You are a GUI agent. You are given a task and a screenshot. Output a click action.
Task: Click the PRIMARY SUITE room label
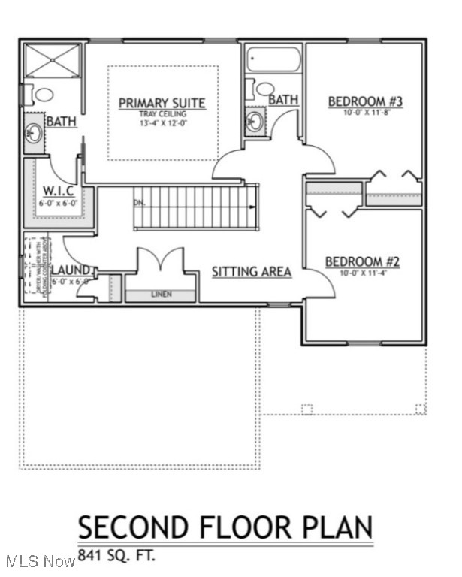click(162, 103)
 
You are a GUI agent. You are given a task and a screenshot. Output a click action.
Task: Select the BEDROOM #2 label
click(362, 262)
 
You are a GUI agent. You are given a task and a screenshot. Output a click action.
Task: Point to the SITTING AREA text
click(251, 272)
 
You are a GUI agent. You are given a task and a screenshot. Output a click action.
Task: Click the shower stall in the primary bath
click(52, 61)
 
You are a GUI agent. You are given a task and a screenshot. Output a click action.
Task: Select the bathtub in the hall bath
click(273, 59)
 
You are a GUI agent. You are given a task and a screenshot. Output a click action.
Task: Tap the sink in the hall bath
click(255, 121)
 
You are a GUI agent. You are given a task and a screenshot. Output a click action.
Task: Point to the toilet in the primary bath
click(41, 95)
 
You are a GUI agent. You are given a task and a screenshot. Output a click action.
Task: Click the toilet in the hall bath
click(264, 89)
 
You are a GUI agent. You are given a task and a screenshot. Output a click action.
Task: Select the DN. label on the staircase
click(140, 202)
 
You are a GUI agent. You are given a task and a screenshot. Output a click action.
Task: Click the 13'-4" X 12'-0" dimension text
click(162, 122)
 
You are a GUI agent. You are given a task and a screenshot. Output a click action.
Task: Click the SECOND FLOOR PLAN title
click(225, 527)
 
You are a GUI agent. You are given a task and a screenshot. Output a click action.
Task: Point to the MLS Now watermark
click(39, 561)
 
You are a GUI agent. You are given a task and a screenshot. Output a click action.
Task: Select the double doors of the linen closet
click(160, 263)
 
